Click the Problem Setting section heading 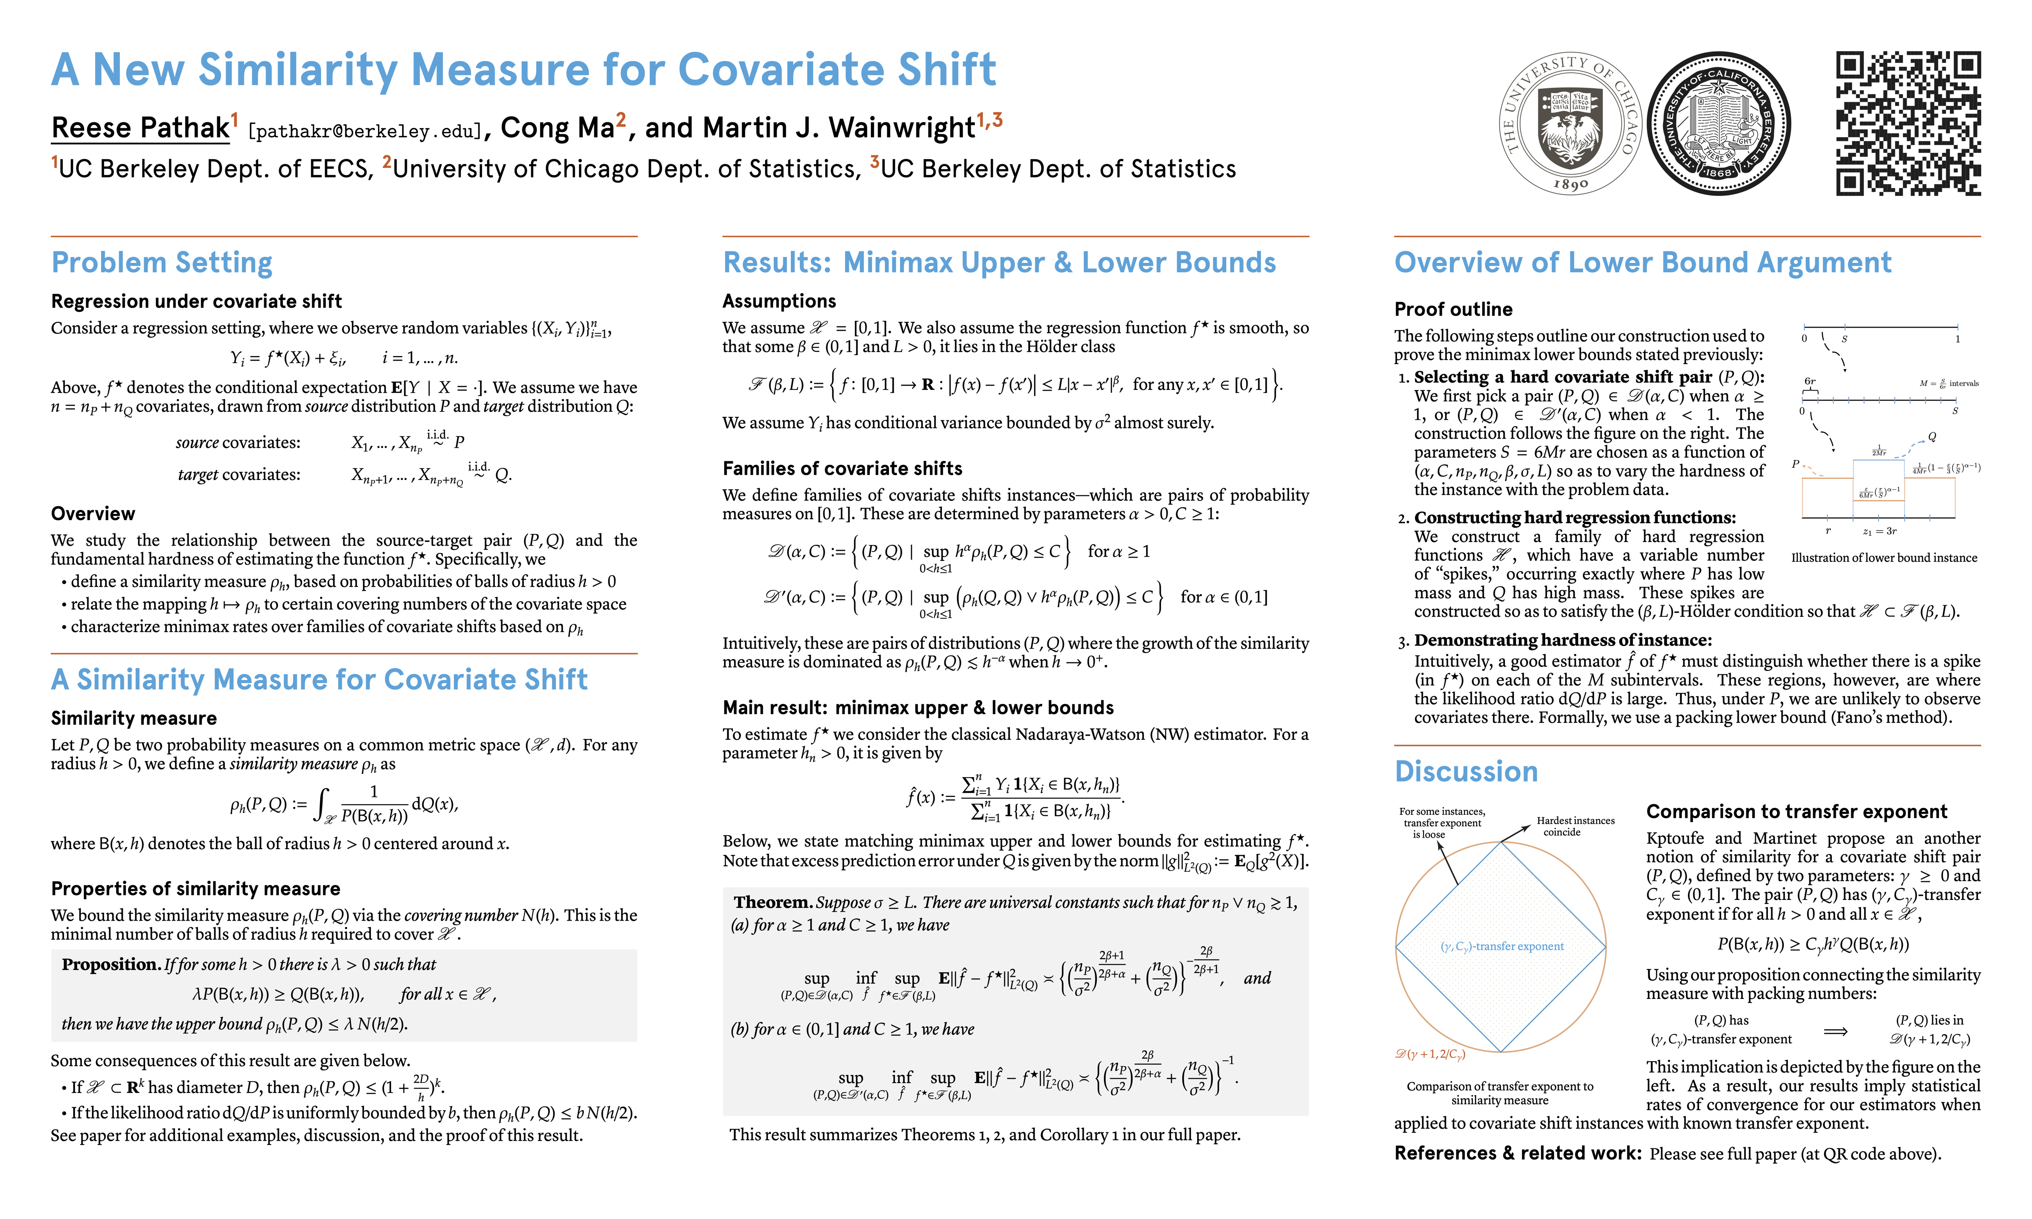(x=162, y=263)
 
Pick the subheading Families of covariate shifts (x=842, y=468)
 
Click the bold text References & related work (x=1517, y=1153)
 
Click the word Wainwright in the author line (x=901, y=128)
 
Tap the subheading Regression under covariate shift (x=196, y=301)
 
